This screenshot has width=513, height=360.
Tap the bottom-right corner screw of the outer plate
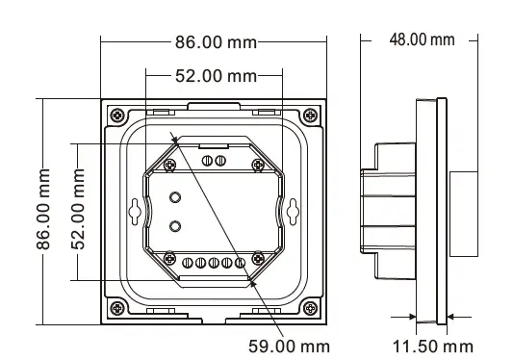pyautogui.click(x=309, y=307)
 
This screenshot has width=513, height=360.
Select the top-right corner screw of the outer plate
pyautogui.click(x=309, y=115)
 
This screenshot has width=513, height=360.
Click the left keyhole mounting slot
pyautogui.click(x=134, y=210)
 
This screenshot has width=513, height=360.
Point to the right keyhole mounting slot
pyautogui.click(x=292, y=209)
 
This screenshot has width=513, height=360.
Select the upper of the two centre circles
pyautogui.click(x=175, y=197)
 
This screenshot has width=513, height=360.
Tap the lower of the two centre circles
pyautogui.click(x=175, y=226)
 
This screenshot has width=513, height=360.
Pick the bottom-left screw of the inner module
pyautogui.click(x=169, y=257)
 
